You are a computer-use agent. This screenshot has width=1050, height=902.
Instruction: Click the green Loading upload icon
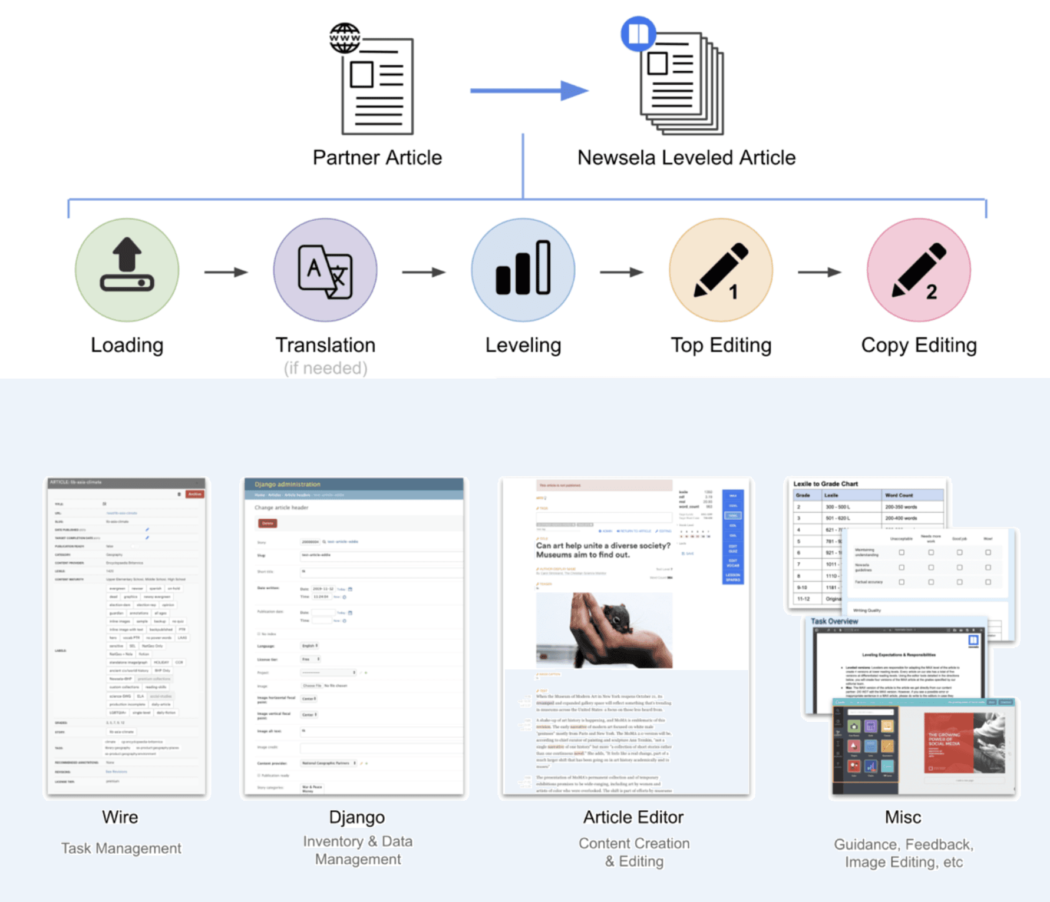point(127,270)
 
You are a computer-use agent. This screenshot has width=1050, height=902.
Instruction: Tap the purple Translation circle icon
point(325,270)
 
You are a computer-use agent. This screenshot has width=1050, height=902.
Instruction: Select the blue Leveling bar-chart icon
point(523,270)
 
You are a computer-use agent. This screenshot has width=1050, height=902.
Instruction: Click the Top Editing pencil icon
point(721,270)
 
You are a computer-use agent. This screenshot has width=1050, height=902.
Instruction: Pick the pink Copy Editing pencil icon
point(919,270)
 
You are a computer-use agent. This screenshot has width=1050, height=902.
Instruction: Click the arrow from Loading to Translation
point(226,272)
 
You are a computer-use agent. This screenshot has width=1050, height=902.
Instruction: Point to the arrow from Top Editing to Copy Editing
point(820,272)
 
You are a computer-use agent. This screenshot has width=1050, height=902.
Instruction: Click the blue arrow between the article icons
point(529,91)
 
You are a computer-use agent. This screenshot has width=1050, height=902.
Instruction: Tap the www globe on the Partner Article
point(345,38)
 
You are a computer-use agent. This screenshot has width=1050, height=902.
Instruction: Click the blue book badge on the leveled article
point(638,34)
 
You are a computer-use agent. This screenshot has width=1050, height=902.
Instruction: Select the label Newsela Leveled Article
point(686,158)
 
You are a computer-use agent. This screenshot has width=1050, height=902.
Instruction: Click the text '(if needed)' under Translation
point(325,368)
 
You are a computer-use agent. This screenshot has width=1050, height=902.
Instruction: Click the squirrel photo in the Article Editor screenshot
point(604,630)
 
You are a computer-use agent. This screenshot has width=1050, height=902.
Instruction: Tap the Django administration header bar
point(354,485)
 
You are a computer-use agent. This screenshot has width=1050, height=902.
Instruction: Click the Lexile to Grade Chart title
point(826,484)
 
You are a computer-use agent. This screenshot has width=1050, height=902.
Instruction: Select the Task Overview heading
point(834,621)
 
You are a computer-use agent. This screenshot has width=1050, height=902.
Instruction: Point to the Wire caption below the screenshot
point(120,817)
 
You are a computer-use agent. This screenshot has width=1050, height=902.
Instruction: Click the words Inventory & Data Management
point(358,850)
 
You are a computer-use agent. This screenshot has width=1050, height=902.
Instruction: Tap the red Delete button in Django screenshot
point(268,523)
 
